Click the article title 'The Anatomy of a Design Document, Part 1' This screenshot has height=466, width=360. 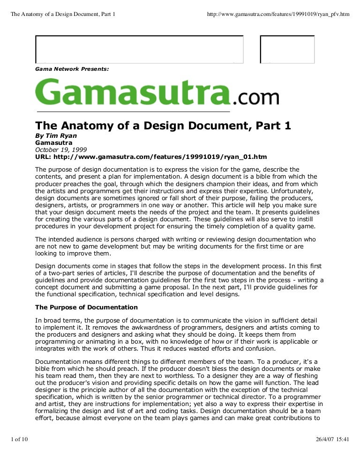(164, 126)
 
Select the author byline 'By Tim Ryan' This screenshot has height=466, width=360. (56, 136)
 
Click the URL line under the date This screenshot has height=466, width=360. (151, 157)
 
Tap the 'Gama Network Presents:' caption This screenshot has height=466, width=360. (72, 68)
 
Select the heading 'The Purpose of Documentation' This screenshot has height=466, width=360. (87, 308)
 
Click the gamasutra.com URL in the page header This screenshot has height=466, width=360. (278, 14)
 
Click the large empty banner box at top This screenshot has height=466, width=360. (140, 49)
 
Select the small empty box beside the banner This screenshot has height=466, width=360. (287, 49)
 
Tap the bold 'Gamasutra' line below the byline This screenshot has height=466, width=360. (54, 143)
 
